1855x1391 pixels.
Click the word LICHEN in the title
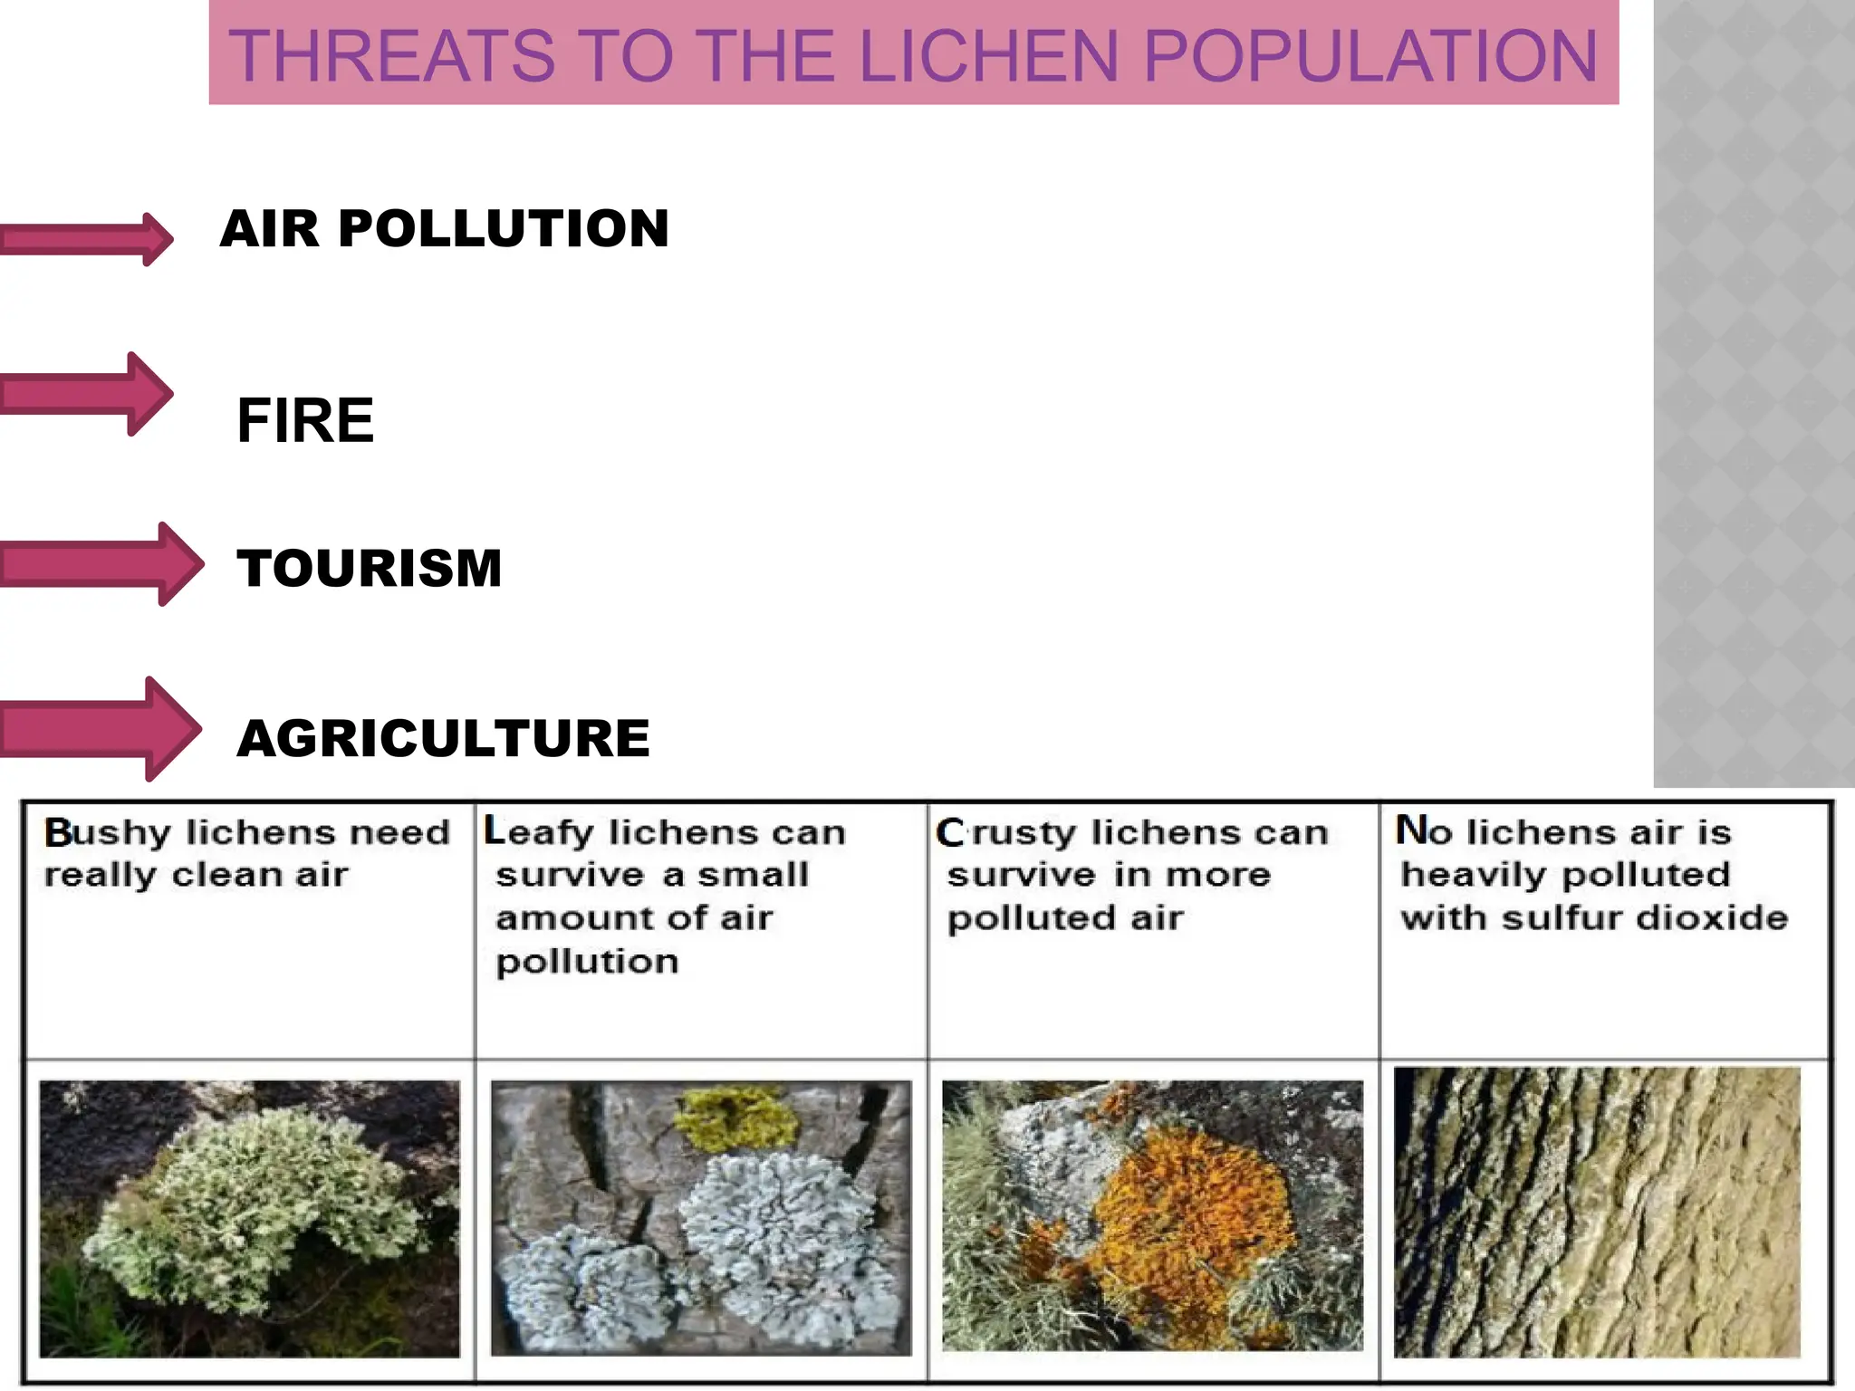pos(987,56)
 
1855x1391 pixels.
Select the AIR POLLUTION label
pos(444,228)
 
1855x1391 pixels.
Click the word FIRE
pos(305,421)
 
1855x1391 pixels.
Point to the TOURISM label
pos(370,569)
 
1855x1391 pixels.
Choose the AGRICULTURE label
pos(443,738)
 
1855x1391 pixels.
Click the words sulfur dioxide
pos(1644,918)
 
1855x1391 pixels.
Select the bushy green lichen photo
pos(250,1218)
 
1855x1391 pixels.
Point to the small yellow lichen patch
pos(738,1118)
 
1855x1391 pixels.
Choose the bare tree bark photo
pos(1596,1214)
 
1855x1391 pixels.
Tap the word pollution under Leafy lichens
pos(587,962)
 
